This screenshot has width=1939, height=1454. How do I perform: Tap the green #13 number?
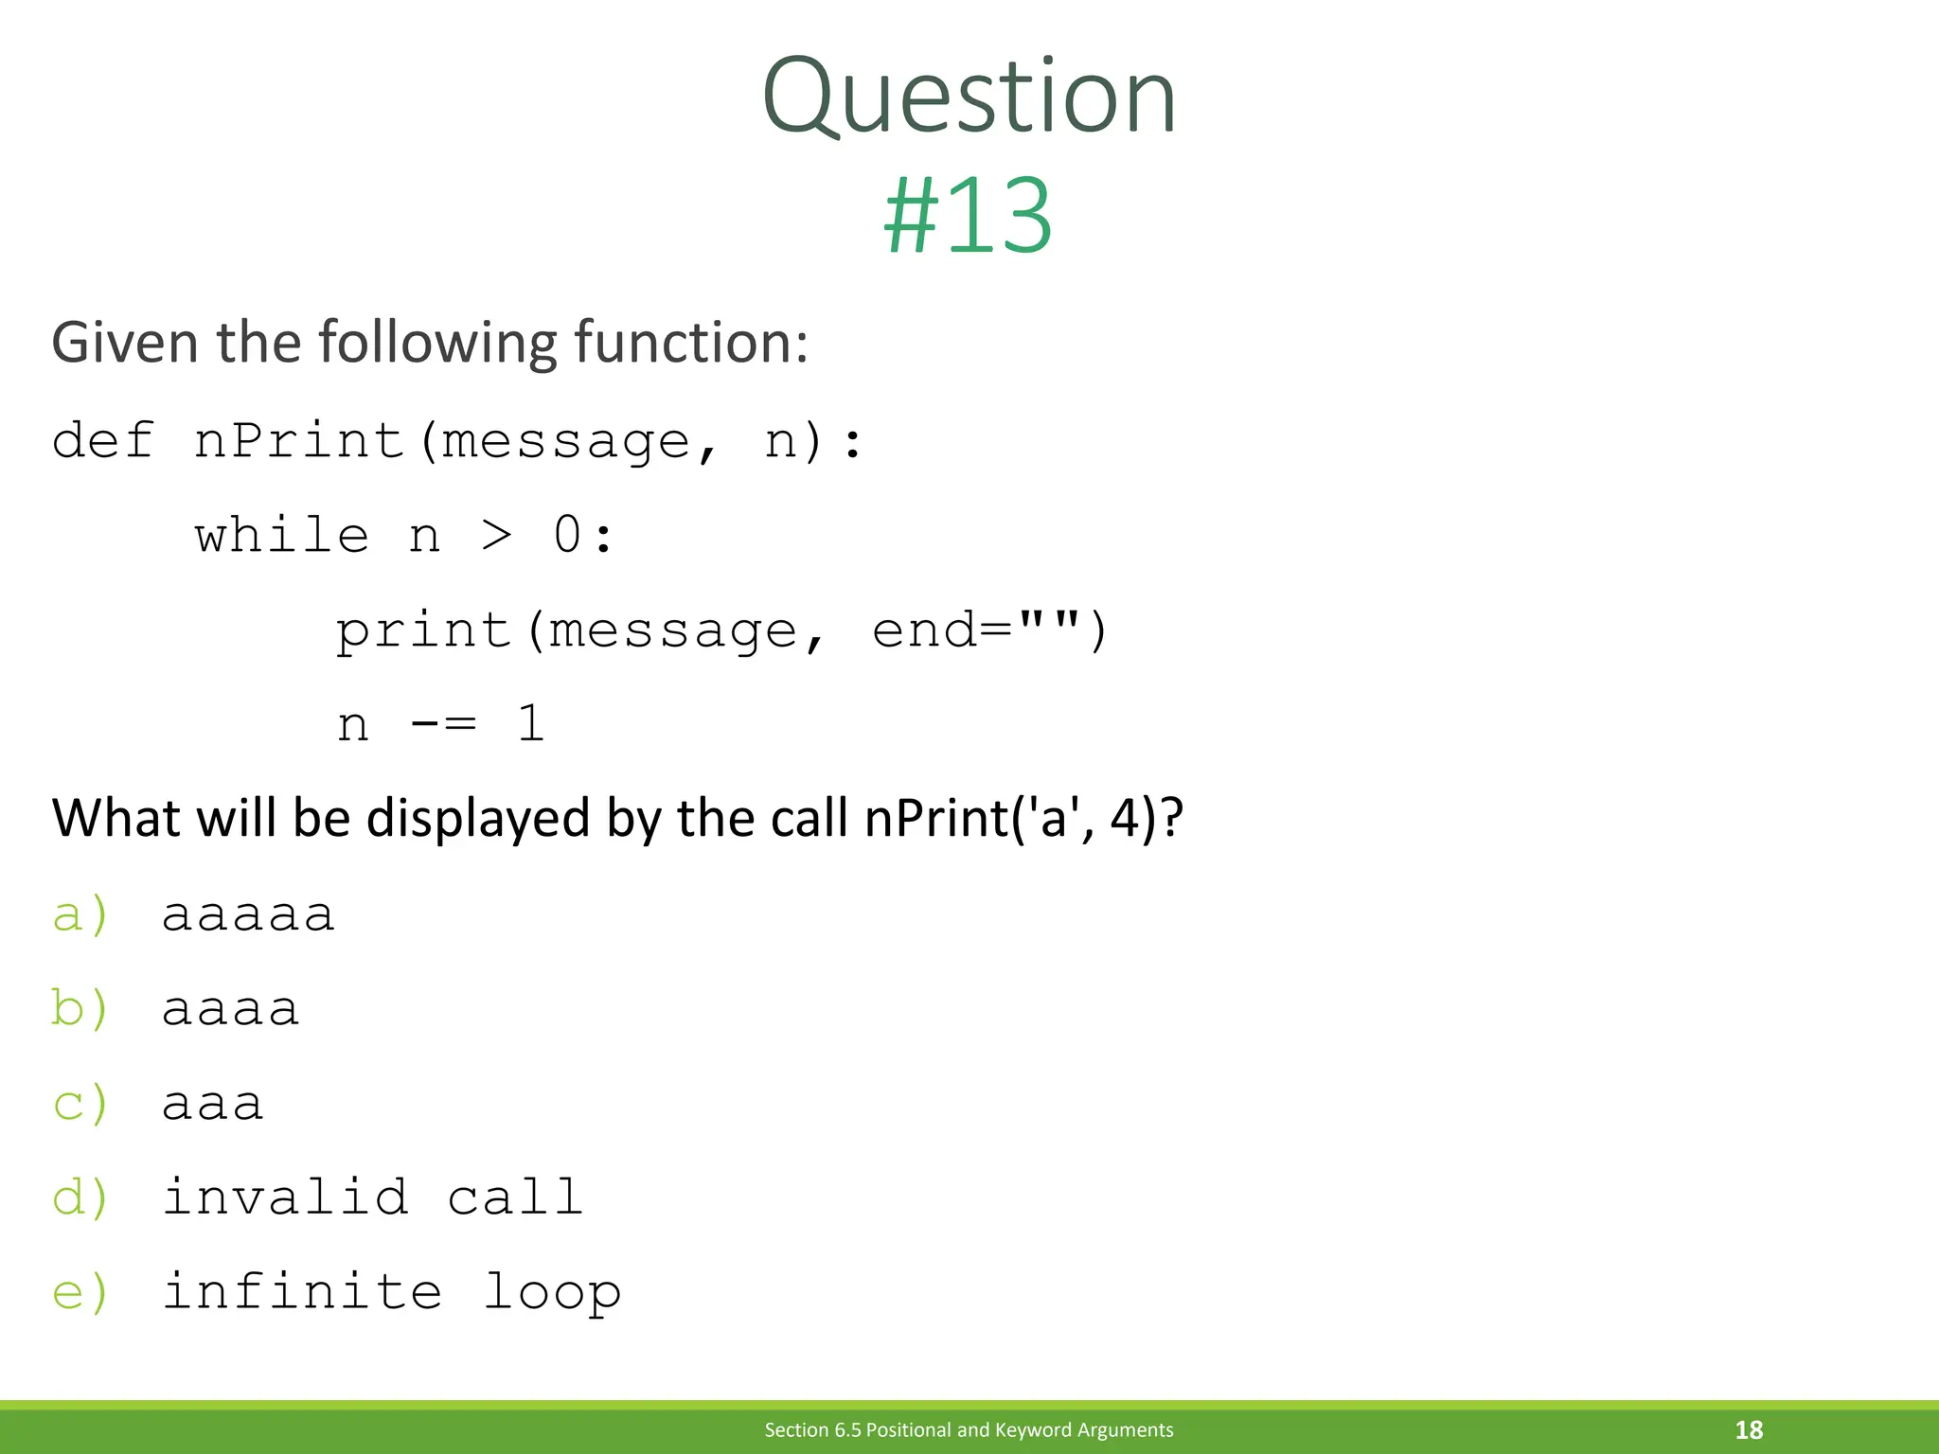(x=968, y=217)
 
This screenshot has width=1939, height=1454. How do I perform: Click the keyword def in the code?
(x=102, y=441)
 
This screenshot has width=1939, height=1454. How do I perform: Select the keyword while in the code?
(x=281, y=536)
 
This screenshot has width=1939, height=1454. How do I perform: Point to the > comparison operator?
(x=496, y=536)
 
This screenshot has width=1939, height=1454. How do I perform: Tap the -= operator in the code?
(x=443, y=725)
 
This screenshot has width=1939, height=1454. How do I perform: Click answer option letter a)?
(x=80, y=915)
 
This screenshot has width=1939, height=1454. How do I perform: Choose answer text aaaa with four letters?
(x=230, y=1009)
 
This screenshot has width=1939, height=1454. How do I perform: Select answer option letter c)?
(x=80, y=1104)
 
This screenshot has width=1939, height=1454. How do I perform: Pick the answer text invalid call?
(x=372, y=1197)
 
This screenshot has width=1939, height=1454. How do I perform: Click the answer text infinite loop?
(x=391, y=1293)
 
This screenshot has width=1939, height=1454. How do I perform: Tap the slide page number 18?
(x=1749, y=1429)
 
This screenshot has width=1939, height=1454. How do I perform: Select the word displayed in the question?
(x=477, y=818)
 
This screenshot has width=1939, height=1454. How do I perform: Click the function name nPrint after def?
(x=299, y=441)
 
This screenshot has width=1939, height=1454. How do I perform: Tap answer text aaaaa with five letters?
(x=248, y=915)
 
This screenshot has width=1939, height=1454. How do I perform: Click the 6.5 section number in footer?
(x=847, y=1429)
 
